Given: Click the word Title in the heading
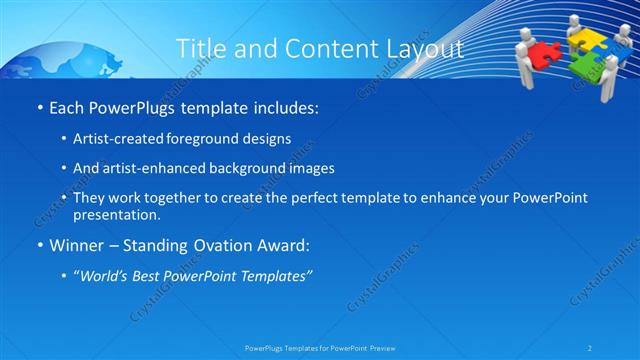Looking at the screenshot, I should tap(200, 49).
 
